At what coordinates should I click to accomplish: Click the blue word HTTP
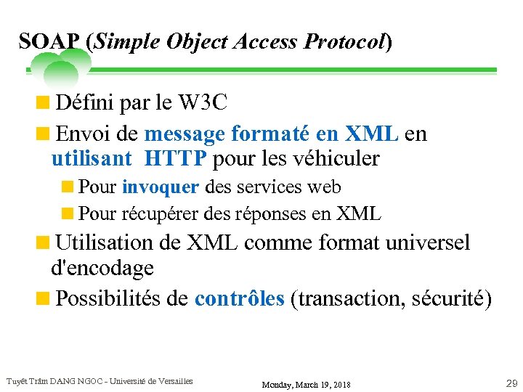(176, 158)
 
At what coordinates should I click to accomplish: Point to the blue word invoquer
(160, 187)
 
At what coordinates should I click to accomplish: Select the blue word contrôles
(239, 299)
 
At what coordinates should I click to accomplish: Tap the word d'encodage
(102, 268)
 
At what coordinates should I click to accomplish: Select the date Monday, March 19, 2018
(305, 384)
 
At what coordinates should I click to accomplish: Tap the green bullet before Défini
(46, 103)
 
